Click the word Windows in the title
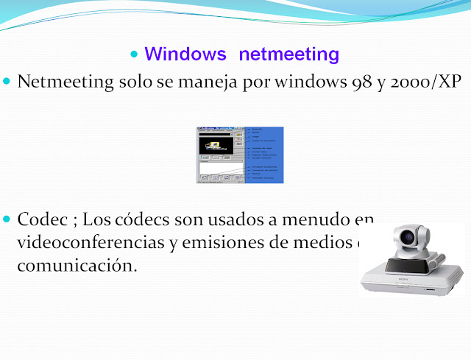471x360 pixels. [185, 54]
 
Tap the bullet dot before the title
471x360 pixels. [134, 55]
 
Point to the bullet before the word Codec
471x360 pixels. [8, 219]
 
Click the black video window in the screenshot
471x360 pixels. [216, 145]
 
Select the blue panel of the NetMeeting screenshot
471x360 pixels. [263, 155]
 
